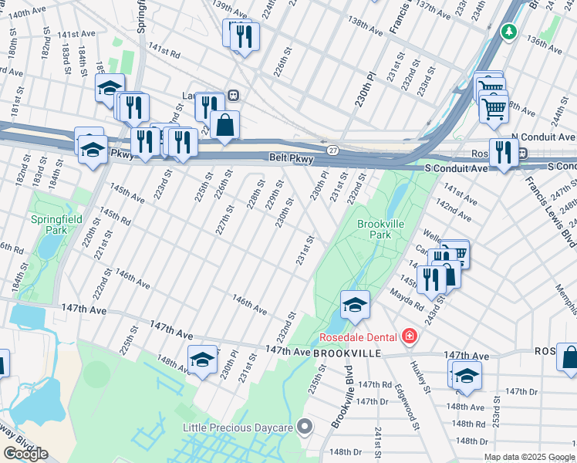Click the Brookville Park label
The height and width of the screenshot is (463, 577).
(x=375, y=228)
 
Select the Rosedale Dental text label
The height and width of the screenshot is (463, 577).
(x=357, y=337)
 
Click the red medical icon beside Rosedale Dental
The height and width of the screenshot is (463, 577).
(x=407, y=337)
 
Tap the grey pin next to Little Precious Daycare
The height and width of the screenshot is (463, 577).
(x=306, y=426)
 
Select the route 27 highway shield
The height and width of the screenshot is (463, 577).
(x=332, y=149)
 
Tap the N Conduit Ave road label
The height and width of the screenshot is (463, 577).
(x=543, y=136)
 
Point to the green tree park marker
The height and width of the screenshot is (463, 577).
(x=508, y=32)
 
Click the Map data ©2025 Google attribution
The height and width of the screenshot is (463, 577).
(x=528, y=457)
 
